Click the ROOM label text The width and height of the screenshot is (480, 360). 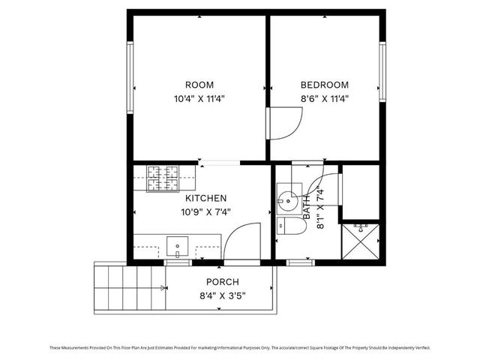(x=199, y=85)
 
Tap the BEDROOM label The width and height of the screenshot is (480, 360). (x=325, y=85)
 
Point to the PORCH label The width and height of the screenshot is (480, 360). (x=222, y=282)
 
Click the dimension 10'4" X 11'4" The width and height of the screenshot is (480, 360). (x=199, y=98)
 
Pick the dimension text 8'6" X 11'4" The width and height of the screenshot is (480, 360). (x=325, y=98)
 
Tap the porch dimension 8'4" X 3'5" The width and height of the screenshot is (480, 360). (x=222, y=295)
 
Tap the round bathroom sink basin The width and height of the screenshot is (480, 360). (x=286, y=199)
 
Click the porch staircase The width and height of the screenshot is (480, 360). (x=127, y=288)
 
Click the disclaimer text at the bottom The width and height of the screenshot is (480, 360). (x=240, y=347)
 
